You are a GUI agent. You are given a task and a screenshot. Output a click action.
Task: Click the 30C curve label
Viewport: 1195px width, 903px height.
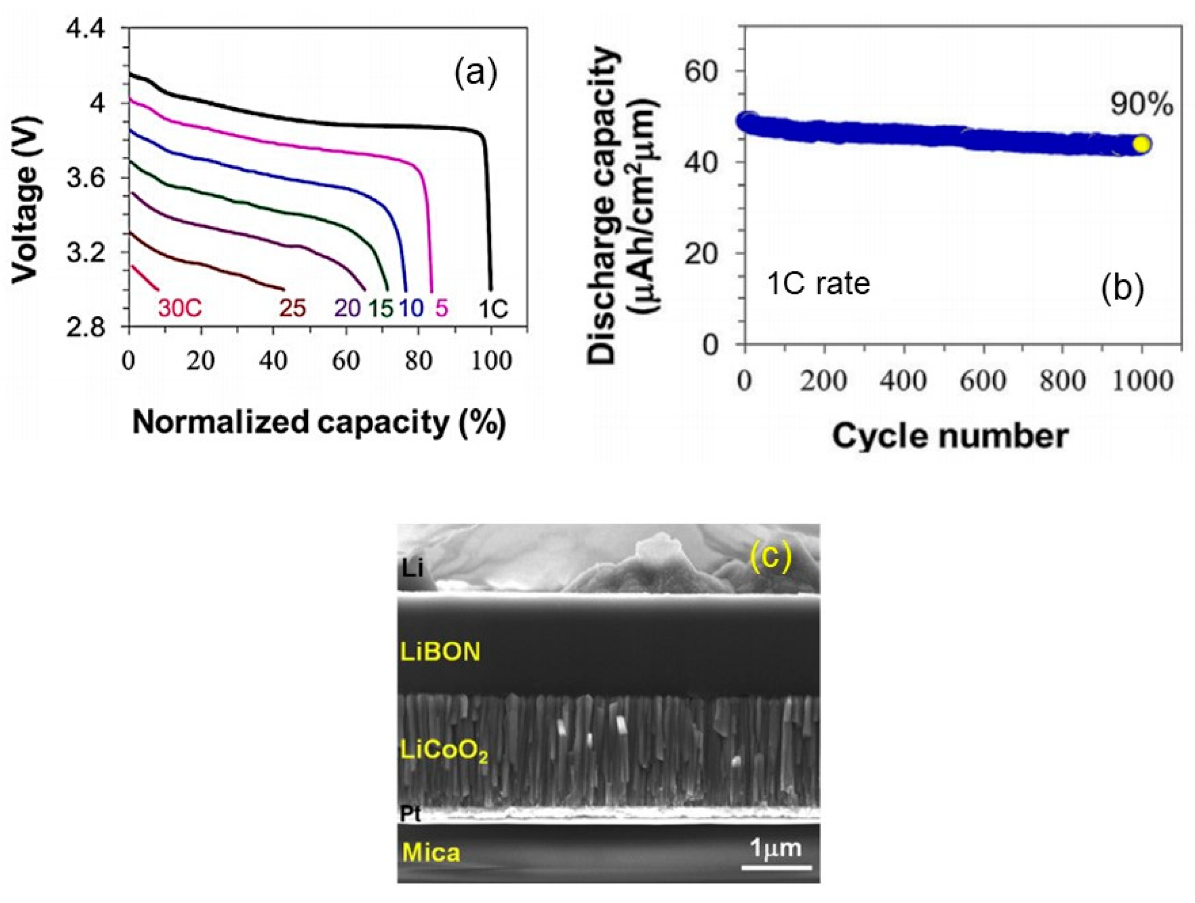pos(179,308)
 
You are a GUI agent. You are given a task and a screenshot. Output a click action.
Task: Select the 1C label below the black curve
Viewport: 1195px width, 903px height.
pos(493,308)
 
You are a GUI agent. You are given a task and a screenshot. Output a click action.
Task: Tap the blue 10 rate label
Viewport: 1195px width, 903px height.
pos(412,308)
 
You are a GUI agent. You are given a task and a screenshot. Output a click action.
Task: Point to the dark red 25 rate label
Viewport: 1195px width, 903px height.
pos(292,308)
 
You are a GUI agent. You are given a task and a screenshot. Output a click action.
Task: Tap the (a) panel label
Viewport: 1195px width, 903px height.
pos(475,74)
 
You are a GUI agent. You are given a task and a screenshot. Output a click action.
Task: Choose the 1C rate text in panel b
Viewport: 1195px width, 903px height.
pos(818,284)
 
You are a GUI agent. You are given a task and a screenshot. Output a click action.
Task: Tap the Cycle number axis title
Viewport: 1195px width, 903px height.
pos(950,437)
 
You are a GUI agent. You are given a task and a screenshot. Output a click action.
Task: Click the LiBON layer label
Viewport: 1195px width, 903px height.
pos(440,652)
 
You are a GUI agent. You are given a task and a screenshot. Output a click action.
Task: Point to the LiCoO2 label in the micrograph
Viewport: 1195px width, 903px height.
pos(444,751)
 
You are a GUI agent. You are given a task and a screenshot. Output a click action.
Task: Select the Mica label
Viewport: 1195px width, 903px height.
pos(431,853)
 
